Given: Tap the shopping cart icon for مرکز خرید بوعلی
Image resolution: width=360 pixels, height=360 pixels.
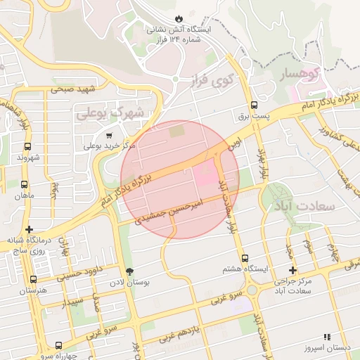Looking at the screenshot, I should (x=108, y=136).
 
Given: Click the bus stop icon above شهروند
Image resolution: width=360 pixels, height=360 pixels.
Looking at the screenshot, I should (x=27, y=147).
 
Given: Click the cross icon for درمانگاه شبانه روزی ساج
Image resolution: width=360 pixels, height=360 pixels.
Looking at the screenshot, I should (x=29, y=229).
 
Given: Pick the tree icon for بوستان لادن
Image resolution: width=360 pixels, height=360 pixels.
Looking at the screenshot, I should (x=129, y=271).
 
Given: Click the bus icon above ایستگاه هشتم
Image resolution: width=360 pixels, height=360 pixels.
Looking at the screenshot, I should (x=244, y=259).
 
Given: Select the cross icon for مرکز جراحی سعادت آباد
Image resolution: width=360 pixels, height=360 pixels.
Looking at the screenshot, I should (x=292, y=270).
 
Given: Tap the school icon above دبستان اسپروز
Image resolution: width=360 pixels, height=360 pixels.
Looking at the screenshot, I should (x=326, y=338).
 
